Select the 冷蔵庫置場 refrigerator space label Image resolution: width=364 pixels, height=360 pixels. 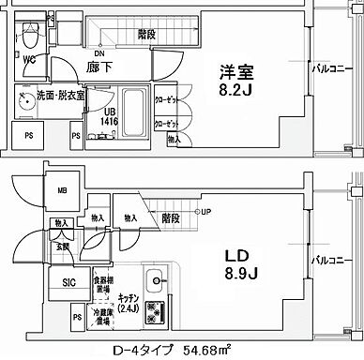tap(103, 317)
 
